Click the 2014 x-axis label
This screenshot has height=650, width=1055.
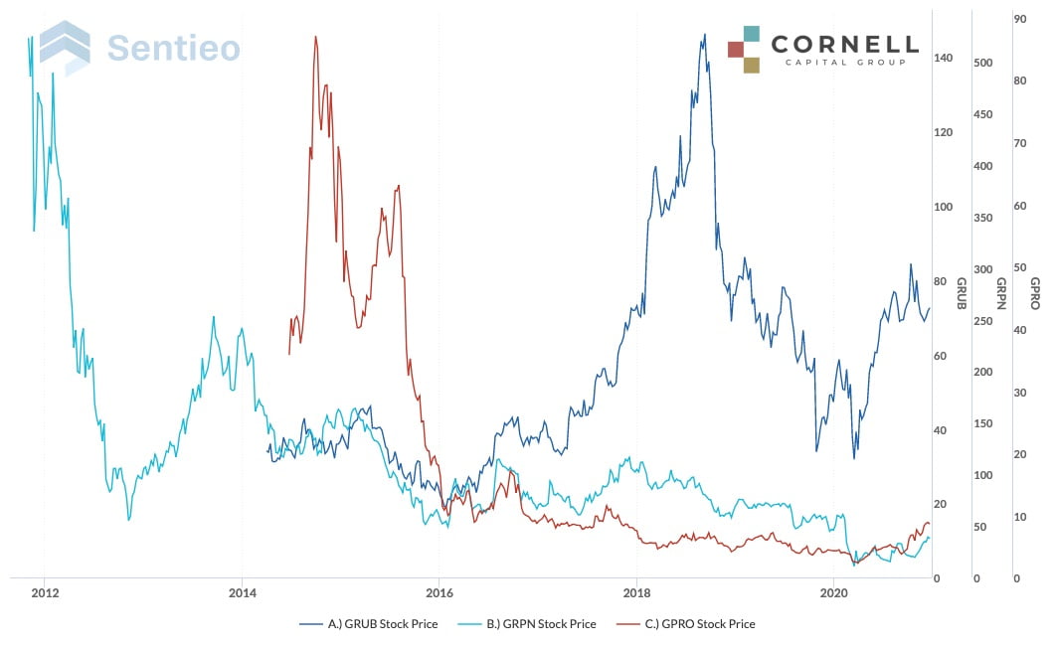point(242,593)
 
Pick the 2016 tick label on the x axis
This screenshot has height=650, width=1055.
point(439,593)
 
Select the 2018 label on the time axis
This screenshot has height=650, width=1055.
point(636,593)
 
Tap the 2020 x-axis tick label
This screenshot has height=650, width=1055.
point(834,593)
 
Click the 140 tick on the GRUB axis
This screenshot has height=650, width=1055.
point(943,59)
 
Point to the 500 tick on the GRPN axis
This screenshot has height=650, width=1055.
point(984,64)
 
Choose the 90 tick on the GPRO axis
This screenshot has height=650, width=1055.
point(1019,19)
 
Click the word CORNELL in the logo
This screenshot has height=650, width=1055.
point(845,44)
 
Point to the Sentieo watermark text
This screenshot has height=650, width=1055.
point(173,48)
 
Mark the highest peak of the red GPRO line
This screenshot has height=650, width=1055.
point(315,38)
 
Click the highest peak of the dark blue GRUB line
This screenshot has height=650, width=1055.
point(704,35)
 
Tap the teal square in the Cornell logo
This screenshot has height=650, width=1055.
point(752,34)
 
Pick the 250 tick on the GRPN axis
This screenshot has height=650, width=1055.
point(984,321)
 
